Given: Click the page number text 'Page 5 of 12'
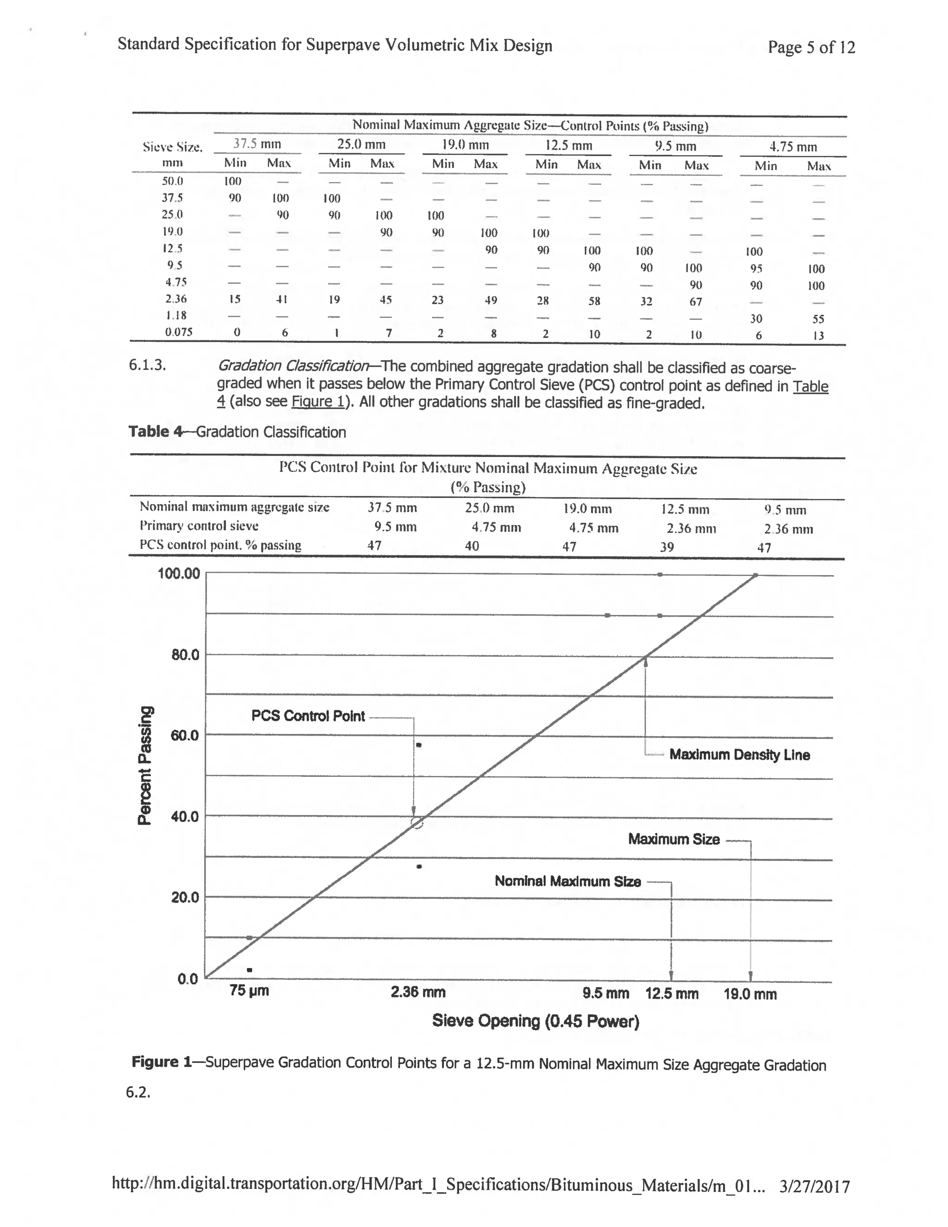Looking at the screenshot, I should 811,47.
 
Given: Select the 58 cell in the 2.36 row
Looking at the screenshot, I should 594,301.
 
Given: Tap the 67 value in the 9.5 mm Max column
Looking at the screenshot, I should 696,302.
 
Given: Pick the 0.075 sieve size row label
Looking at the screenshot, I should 179,332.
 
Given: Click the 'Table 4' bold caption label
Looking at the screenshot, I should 156,432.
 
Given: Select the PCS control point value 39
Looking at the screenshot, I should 667,547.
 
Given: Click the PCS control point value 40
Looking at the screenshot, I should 472,546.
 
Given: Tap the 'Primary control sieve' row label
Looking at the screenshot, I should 199,526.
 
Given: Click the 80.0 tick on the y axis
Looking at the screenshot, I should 185,655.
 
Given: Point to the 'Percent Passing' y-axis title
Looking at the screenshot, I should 145,765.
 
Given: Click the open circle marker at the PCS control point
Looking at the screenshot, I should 417,823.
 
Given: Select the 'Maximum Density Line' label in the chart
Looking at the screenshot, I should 739,755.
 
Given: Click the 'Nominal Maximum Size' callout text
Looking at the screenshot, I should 567,881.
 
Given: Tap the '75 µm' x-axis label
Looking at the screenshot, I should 249,990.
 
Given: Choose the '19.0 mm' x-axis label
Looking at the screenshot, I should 750,995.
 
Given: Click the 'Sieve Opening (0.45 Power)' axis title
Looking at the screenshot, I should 535,1021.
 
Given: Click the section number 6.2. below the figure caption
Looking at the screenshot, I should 138,1092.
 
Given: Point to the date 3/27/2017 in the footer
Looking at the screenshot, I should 814,1187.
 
